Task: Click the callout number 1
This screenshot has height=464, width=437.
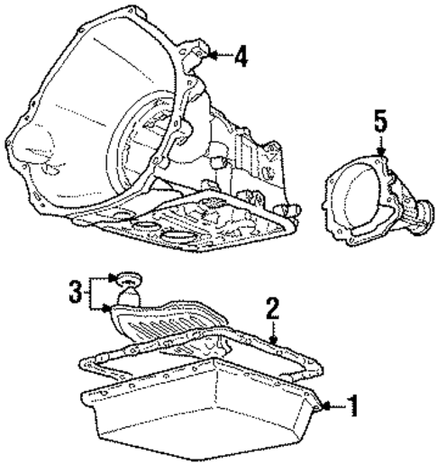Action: click(352, 407)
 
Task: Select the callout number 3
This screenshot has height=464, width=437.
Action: click(77, 292)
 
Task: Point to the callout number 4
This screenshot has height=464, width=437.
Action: click(240, 58)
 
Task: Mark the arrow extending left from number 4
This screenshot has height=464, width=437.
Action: click(216, 57)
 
